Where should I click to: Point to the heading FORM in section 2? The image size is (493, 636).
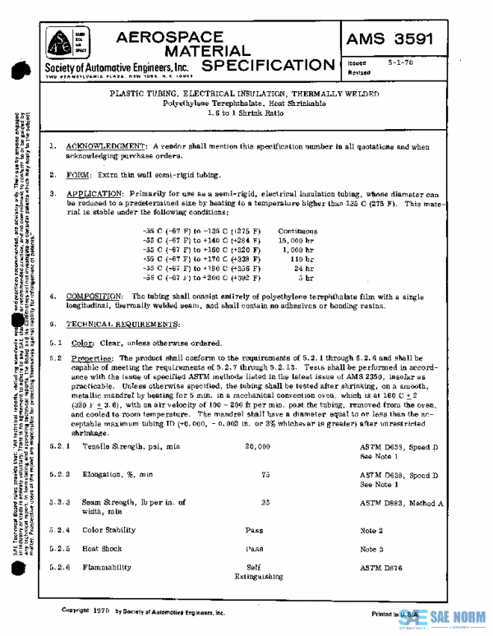click(x=79, y=174)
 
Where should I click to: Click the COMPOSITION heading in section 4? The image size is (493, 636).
click(x=94, y=294)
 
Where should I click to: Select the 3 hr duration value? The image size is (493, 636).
click(x=305, y=278)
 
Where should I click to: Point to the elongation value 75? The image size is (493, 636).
click(x=265, y=474)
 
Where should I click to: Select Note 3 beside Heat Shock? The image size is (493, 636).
click(x=372, y=548)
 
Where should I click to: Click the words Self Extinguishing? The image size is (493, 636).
click(x=253, y=573)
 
